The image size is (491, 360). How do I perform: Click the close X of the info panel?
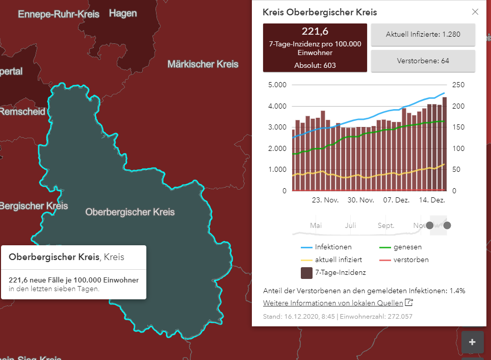click(475, 12)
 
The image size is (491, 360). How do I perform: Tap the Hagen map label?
click(123, 13)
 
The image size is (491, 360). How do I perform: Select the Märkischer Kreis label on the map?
click(203, 64)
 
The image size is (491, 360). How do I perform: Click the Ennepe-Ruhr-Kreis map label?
click(59, 14)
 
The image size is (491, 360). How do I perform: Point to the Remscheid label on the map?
click(22, 112)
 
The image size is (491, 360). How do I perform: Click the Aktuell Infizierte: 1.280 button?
click(423, 35)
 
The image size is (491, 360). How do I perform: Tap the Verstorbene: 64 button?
click(423, 61)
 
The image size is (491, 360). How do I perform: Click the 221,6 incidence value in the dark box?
click(315, 31)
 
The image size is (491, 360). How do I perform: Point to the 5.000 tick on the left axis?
click(277, 85)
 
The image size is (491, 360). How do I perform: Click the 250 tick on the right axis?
click(458, 85)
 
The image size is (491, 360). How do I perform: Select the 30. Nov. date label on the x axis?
click(361, 200)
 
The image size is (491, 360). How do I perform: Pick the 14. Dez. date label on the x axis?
click(432, 200)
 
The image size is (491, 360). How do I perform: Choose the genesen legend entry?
click(401, 247)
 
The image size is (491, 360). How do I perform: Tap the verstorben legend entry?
click(404, 260)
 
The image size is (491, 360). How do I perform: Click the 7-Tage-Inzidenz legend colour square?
click(306, 273)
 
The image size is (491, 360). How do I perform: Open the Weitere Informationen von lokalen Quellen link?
click(333, 303)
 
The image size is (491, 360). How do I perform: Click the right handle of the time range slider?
click(447, 225)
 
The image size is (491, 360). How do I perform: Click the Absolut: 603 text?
click(315, 65)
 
